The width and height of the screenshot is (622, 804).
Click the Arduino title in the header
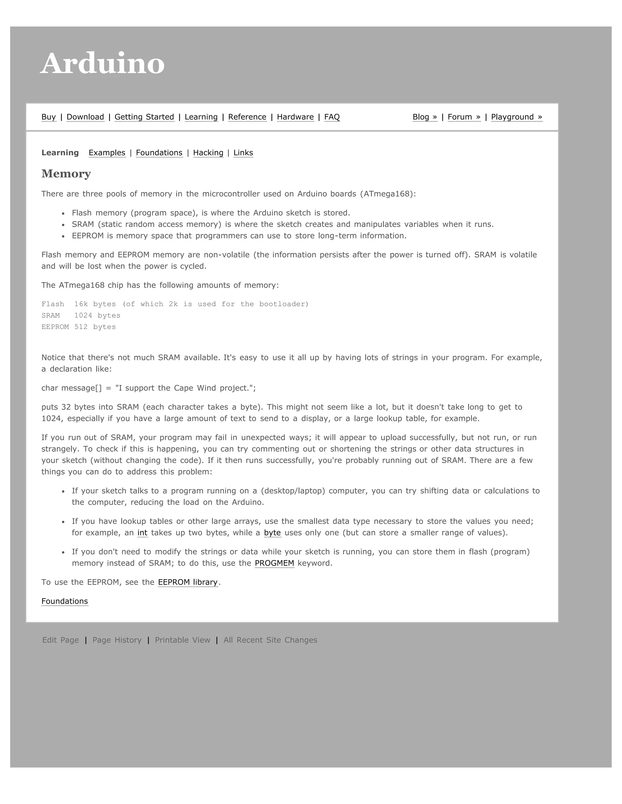[x=102, y=63]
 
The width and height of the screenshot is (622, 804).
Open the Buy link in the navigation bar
[x=49, y=117]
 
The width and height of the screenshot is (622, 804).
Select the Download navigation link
[x=85, y=117]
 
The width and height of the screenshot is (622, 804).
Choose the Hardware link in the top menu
[x=295, y=117]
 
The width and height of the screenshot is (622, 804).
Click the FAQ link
[x=332, y=117]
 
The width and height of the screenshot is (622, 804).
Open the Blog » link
[x=425, y=117]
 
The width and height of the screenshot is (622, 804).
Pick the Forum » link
[x=464, y=117]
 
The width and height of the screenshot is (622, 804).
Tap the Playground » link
[x=516, y=117]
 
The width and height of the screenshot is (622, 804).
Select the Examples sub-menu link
[x=107, y=153]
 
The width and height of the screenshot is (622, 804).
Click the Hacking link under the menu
[x=208, y=153]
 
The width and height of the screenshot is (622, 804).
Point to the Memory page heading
[x=66, y=174]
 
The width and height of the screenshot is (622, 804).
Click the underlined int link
[x=142, y=533]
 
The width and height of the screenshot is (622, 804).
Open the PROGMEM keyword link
[x=274, y=563]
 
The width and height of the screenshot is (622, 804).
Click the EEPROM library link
[x=188, y=582]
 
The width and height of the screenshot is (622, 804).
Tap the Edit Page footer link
[x=60, y=640]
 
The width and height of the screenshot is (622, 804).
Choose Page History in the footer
[x=117, y=640]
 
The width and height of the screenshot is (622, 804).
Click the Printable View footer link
[x=183, y=640]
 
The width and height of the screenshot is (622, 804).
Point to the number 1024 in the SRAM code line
[x=83, y=316]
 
